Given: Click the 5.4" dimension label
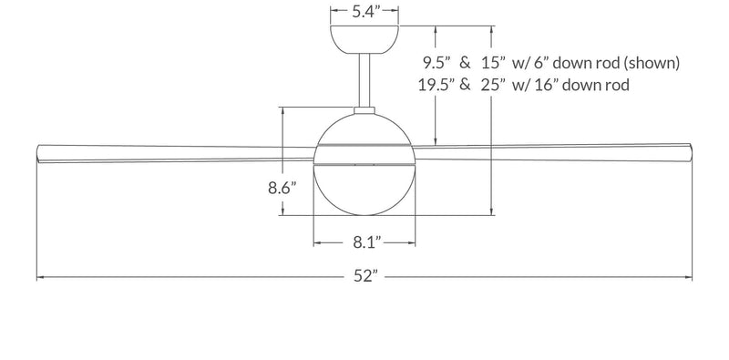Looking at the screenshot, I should (x=365, y=13).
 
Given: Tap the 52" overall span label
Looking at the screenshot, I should (x=364, y=277).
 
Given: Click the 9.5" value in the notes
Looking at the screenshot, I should (x=435, y=63).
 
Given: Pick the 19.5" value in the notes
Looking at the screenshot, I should (x=431, y=85).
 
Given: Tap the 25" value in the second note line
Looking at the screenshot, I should (x=498, y=85).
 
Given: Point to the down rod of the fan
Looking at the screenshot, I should (x=364, y=82).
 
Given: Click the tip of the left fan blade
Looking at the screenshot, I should (x=38, y=154).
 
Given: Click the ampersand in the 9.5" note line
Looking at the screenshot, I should (x=465, y=63).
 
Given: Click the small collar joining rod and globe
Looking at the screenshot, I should (x=364, y=112).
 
